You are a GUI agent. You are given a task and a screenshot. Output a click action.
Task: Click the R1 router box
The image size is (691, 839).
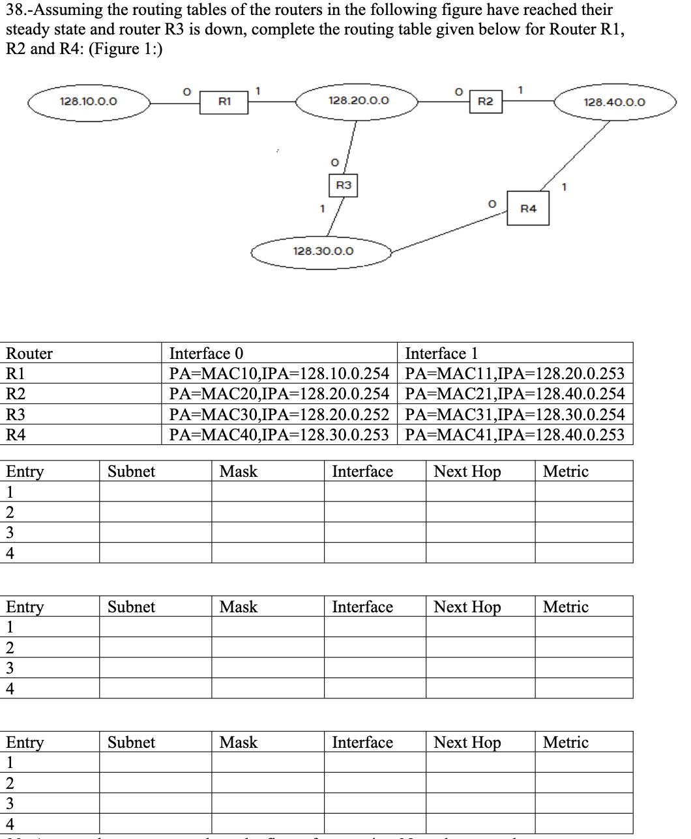(224, 102)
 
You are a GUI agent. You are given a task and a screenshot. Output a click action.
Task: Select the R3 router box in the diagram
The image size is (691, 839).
(344, 186)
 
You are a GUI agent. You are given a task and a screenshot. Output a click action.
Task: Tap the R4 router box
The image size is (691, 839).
(528, 209)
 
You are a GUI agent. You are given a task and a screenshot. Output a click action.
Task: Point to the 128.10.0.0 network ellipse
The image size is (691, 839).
(89, 102)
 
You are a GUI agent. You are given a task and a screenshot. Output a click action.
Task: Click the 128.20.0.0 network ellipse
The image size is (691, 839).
(359, 101)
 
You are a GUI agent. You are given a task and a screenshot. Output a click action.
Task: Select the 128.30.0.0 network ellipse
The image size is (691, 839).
(323, 251)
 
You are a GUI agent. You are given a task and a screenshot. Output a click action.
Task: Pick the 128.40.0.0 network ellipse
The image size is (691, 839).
(614, 102)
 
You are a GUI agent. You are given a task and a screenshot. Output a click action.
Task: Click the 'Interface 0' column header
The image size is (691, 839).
(206, 354)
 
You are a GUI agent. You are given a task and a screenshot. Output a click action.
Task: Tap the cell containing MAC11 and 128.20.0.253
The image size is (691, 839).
(514, 374)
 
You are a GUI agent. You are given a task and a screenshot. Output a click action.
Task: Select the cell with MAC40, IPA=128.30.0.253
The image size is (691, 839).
(279, 434)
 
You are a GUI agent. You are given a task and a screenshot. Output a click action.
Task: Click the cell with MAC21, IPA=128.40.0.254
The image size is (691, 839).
(514, 394)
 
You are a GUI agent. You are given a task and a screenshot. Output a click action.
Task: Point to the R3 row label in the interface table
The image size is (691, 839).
(16, 414)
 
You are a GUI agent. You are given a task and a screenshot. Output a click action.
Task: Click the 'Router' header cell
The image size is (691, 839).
(29, 354)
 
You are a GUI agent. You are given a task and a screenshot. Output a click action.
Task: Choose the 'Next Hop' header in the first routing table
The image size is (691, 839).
(467, 472)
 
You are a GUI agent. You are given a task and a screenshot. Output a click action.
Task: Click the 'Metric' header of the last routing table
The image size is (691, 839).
(565, 743)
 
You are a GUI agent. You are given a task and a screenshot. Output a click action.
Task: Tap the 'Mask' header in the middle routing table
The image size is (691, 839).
(239, 607)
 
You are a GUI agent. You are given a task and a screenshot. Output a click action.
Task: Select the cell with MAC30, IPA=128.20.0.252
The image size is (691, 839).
(279, 414)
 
